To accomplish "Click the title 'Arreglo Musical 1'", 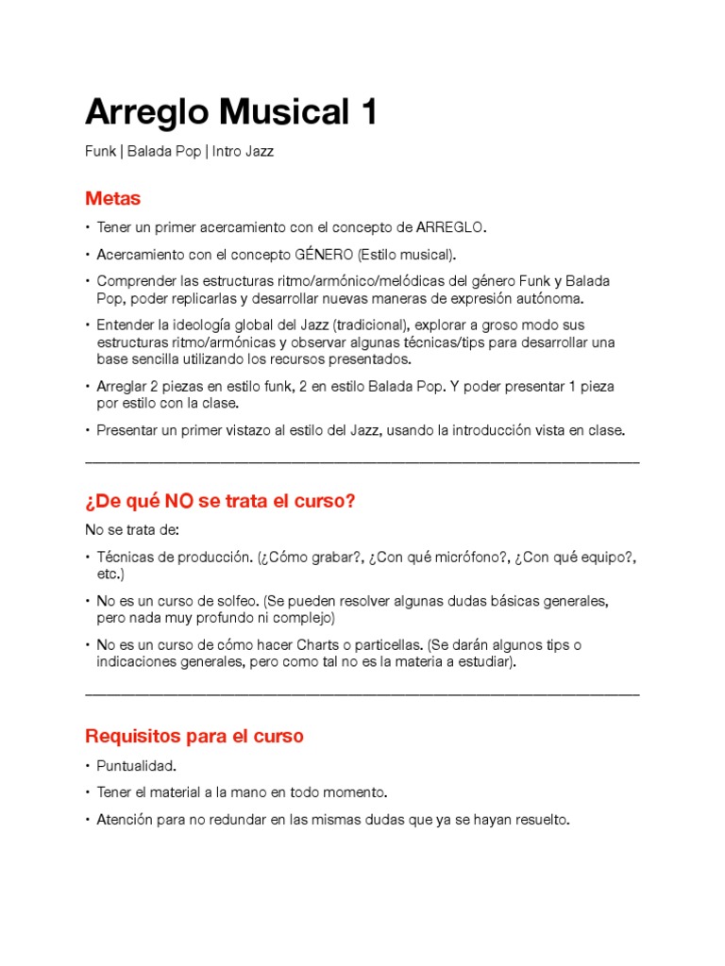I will (231, 112).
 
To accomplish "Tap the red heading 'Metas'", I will (112, 199).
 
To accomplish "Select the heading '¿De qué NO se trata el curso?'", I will (220, 501).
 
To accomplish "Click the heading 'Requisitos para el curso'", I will (194, 736).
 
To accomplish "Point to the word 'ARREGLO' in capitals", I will (450, 227).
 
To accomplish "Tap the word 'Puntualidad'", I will (136, 765).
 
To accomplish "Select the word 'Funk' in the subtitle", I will (100, 151).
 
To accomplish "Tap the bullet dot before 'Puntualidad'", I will (88, 766).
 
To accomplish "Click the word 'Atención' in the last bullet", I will (124, 820).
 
